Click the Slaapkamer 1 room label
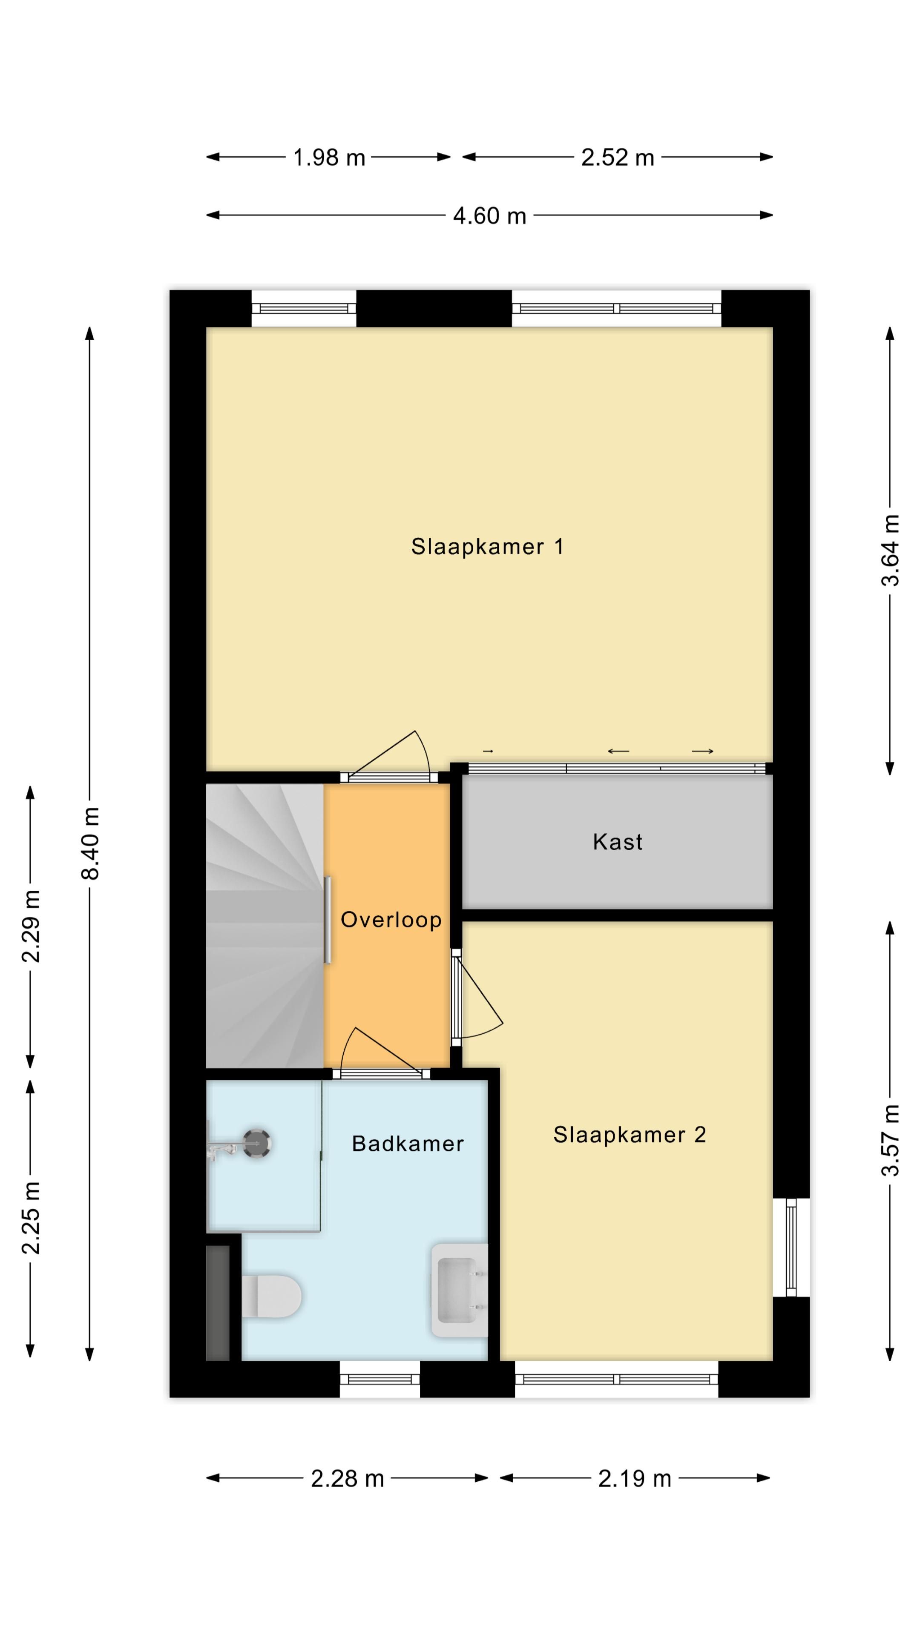(x=487, y=546)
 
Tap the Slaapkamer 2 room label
(x=629, y=1134)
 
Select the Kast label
(x=617, y=842)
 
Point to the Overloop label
(x=391, y=920)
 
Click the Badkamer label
(x=408, y=1143)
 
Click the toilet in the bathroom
(x=272, y=1295)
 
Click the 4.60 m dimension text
(x=489, y=216)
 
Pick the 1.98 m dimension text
(x=329, y=158)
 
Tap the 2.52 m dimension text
(x=617, y=158)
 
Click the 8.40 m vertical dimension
(x=90, y=843)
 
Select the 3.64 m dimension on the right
(x=890, y=550)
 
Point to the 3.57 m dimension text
(x=890, y=1140)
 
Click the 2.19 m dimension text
(x=634, y=1479)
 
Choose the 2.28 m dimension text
(x=347, y=1479)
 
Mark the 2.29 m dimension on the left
(x=31, y=926)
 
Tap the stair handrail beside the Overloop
(x=328, y=920)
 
